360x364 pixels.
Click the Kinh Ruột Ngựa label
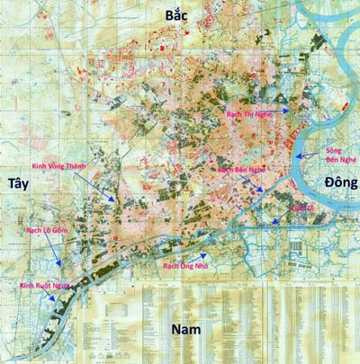click(x=44, y=286)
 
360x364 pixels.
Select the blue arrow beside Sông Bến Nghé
click(x=311, y=154)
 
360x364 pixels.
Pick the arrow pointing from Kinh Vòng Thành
click(x=102, y=186)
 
